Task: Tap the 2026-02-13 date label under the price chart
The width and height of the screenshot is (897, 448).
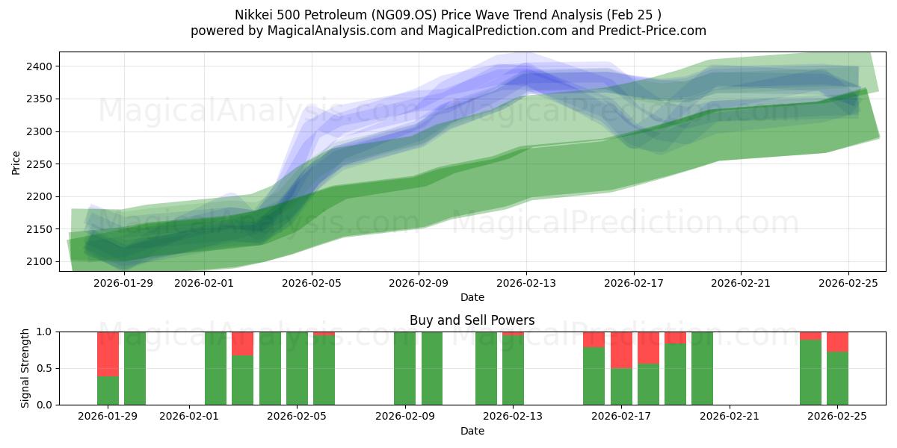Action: (x=526, y=283)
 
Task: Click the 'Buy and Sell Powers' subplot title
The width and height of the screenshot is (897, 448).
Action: (x=472, y=320)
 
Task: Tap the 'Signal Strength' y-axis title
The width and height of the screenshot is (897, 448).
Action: (x=25, y=368)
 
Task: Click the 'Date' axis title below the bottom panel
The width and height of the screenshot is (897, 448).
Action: (x=472, y=431)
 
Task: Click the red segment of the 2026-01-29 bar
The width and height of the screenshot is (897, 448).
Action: (x=108, y=354)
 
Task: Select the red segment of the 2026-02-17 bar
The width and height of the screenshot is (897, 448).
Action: (x=621, y=350)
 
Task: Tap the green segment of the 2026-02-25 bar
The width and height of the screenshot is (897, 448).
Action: (x=837, y=379)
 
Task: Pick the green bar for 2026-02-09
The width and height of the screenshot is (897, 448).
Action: (x=404, y=368)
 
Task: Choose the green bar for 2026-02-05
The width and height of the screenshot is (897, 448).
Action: (x=297, y=368)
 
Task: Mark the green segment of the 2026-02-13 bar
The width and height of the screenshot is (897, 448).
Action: (x=513, y=370)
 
